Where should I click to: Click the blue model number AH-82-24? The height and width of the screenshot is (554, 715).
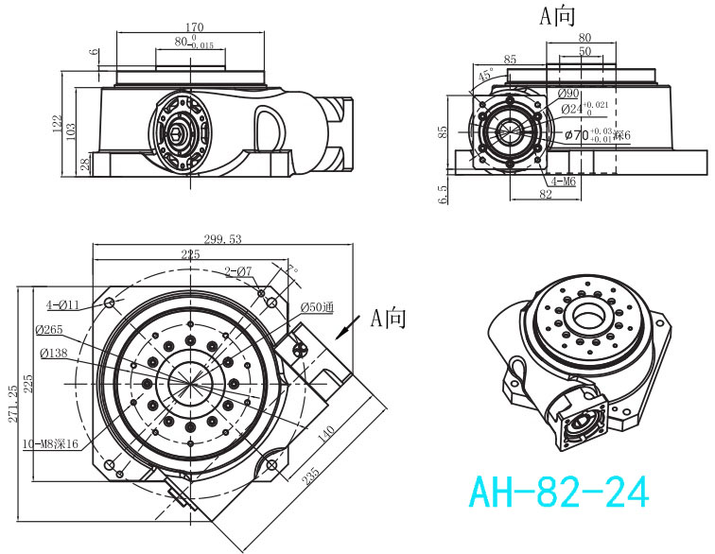[x=559, y=493]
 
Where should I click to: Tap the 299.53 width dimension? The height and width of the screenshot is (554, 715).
[x=222, y=239]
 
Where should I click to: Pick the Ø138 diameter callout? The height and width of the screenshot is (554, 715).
[x=53, y=354]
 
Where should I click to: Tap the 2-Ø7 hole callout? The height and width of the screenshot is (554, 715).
[x=238, y=272]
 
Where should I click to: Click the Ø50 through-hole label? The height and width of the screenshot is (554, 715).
[x=318, y=307]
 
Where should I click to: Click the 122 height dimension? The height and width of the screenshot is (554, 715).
[x=58, y=123]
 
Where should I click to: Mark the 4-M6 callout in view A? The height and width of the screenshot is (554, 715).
[x=564, y=180]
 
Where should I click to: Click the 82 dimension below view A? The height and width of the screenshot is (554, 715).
[x=546, y=194]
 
